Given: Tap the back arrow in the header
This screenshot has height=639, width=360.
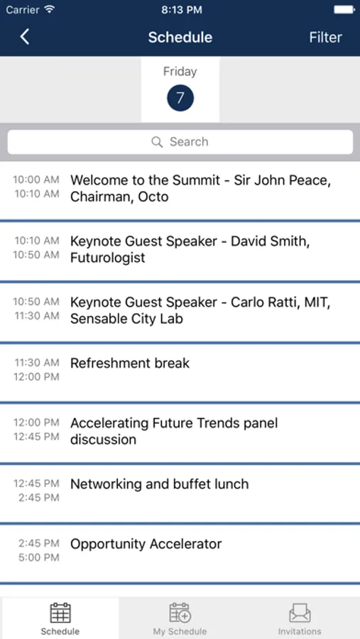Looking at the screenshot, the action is (x=24, y=37).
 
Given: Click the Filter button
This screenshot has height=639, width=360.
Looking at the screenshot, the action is (x=325, y=37).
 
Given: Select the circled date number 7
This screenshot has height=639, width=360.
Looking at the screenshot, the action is (x=180, y=98).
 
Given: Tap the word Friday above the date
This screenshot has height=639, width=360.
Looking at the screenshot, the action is (x=180, y=72).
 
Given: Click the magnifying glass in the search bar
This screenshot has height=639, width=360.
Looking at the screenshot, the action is (x=157, y=142).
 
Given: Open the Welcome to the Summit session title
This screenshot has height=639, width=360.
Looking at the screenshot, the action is (x=200, y=188).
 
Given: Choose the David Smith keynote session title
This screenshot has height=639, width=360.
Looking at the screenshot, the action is (x=190, y=249).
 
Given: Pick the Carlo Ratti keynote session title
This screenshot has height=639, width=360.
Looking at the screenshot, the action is (x=200, y=310).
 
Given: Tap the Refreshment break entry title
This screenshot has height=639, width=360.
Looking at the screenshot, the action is (x=130, y=363).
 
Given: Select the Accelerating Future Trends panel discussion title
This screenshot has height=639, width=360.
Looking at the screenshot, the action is (x=174, y=431).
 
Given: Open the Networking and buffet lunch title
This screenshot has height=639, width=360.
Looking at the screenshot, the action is (x=160, y=484).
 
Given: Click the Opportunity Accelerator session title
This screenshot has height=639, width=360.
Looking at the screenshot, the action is (x=146, y=544).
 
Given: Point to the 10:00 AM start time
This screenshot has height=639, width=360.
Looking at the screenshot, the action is (x=36, y=180).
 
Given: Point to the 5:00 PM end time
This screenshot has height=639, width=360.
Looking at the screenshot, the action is (x=39, y=557).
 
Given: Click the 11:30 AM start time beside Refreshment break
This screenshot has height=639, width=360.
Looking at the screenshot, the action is (x=37, y=362).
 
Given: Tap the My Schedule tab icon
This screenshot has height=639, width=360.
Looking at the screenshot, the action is (x=180, y=613).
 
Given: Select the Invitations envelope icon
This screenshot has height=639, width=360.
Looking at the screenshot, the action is (x=300, y=613).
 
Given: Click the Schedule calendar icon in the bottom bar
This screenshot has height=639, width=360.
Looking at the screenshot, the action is (x=60, y=613).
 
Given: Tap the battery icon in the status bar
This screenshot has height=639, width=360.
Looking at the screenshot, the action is (x=344, y=10).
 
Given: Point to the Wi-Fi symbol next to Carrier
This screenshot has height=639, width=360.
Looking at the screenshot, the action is (x=50, y=10).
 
